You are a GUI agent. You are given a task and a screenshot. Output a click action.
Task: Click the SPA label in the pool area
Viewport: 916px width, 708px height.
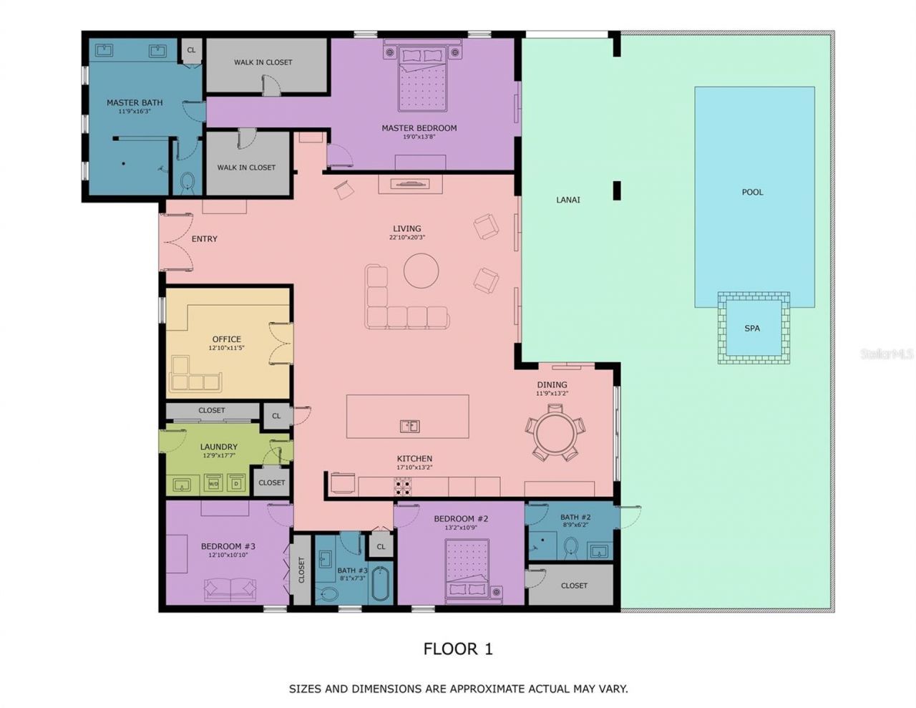point(752,329)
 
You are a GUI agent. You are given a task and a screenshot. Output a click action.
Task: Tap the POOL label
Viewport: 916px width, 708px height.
point(752,192)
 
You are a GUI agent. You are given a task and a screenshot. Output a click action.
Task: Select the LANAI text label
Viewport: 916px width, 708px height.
point(568,200)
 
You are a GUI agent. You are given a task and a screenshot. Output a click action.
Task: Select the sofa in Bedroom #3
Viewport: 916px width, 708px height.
point(230,589)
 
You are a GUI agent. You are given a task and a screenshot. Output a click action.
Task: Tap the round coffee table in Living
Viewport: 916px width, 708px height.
point(421,271)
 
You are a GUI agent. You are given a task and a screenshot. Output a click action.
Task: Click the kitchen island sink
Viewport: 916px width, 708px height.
point(409,427)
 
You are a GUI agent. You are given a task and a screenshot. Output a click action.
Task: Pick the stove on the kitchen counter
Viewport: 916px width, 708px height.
point(403,488)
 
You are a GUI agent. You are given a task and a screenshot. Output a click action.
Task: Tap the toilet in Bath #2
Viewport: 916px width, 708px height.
point(571,548)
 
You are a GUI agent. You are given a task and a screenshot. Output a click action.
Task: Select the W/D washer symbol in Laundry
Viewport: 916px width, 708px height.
point(213,483)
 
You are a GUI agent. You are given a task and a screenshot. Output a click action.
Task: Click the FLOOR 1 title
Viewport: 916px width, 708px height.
point(458,649)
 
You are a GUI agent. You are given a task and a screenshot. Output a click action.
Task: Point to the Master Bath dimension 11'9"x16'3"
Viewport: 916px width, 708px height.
point(135,112)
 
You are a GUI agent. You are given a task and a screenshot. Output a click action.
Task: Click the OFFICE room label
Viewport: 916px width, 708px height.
point(227,339)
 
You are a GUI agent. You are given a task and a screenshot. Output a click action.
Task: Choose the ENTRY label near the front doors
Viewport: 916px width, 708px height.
point(205,238)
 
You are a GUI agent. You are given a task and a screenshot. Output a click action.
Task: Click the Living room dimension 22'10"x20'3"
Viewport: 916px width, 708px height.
point(407,238)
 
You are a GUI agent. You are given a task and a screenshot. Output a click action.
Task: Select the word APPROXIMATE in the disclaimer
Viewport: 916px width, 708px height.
point(486,689)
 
